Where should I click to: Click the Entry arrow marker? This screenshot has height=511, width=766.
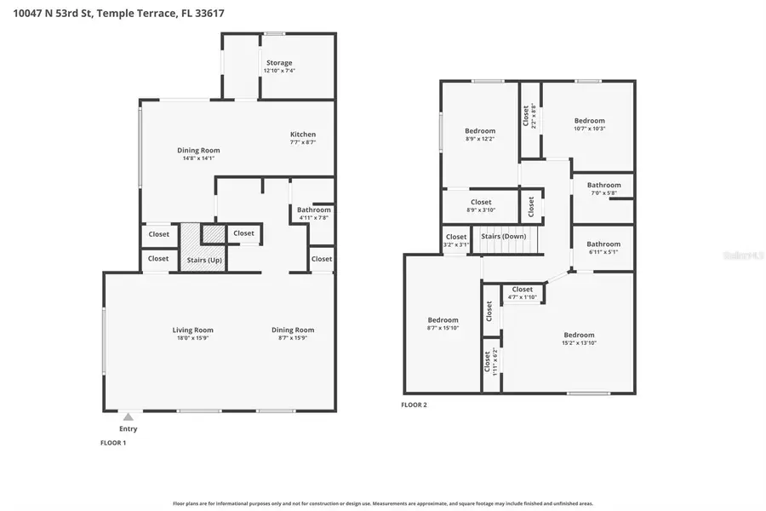[x=128, y=416]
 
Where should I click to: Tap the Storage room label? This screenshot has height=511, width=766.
[x=278, y=63]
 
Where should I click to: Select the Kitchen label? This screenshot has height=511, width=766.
[x=303, y=135]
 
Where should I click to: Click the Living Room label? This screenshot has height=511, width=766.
[x=193, y=330]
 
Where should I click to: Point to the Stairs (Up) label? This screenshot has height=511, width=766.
[x=203, y=259]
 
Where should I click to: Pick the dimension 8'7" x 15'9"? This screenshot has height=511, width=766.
[x=293, y=338]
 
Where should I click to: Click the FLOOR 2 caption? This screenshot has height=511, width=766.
[x=414, y=405]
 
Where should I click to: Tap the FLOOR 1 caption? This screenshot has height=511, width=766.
[x=113, y=443]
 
